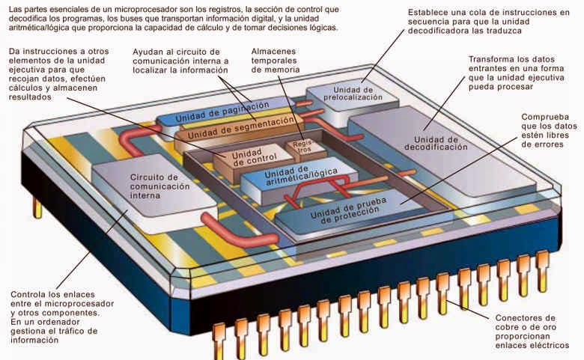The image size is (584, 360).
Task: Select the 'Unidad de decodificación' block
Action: [435, 142]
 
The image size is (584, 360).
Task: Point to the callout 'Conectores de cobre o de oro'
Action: [531, 331]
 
